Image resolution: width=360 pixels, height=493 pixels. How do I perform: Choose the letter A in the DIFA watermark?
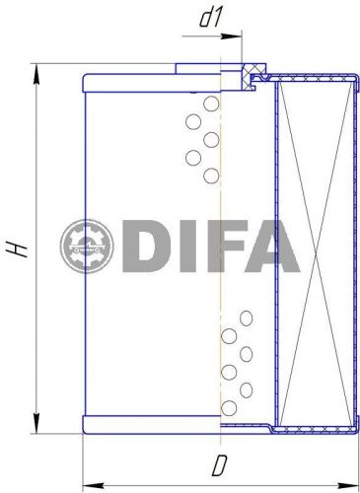(273, 246)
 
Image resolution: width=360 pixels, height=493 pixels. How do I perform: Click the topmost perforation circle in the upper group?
(210, 104)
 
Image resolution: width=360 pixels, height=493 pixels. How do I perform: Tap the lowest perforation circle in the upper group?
(210, 176)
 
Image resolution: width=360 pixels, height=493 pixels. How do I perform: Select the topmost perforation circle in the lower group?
(245, 317)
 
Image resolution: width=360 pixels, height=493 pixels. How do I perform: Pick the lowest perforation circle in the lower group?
(228, 406)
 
